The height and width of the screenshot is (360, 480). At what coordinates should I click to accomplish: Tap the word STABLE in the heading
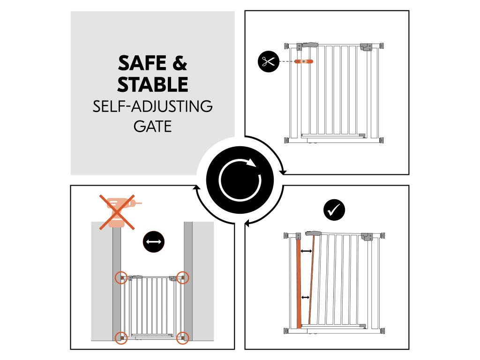click(x=152, y=85)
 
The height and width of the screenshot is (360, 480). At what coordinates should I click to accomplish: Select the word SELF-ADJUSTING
click(x=152, y=106)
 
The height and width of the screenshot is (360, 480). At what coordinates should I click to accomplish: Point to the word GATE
click(x=152, y=126)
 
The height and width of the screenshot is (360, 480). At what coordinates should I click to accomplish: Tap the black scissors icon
click(x=268, y=61)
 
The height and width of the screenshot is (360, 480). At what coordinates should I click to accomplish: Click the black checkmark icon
click(x=334, y=210)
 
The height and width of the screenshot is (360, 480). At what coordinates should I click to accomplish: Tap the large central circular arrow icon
click(x=240, y=180)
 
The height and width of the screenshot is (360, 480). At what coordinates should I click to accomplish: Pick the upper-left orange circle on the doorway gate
click(x=121, y=277)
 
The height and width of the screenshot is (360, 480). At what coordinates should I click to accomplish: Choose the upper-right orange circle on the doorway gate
click(x=183, y=277)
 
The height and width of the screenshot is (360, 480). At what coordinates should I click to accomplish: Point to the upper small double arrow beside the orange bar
click(x=306, y=252)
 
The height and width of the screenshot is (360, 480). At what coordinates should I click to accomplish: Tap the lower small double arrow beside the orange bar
click(x=305, y=297)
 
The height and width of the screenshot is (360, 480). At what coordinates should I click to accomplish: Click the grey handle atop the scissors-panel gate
click(x=310, y=45)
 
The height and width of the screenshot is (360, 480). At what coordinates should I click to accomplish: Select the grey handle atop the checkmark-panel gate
click(x=313, y=233)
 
